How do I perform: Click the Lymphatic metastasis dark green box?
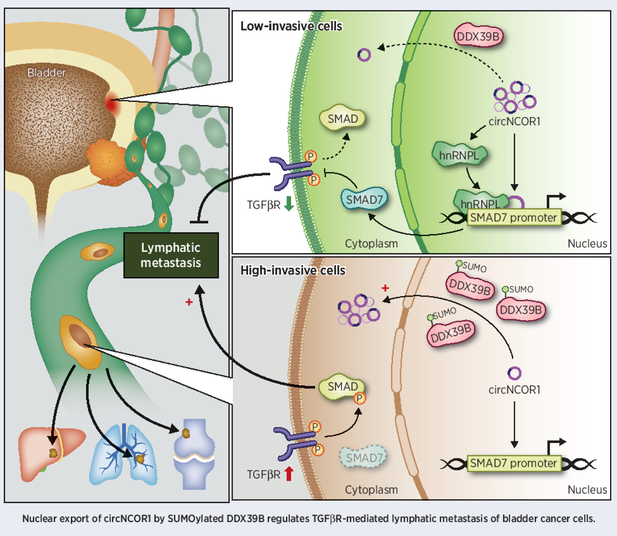click(x=171, y=255)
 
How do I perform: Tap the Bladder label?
click(x=46, y=73)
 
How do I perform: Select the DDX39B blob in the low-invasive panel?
click(x=478, y=36)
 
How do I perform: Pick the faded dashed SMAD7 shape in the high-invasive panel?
click(x=364, y=457)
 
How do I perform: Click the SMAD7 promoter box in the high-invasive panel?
click(x=513, y=463)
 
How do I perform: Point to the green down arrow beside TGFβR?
click(x=289, y=204)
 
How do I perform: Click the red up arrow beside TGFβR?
click(x=289, y=474)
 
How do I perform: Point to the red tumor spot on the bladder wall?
click(x=111, y=102)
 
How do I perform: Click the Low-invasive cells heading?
click(x=291, y=26)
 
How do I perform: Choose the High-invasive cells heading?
click(x=293, y=270)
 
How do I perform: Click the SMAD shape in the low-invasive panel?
click(x=342, y=118)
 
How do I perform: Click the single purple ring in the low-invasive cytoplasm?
click(x=364, y=55)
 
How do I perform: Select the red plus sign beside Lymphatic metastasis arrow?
click(x=189, y=302)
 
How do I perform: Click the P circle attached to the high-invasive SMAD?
click(x=359, y=398)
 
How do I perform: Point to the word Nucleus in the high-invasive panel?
click(x=587, y=489)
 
